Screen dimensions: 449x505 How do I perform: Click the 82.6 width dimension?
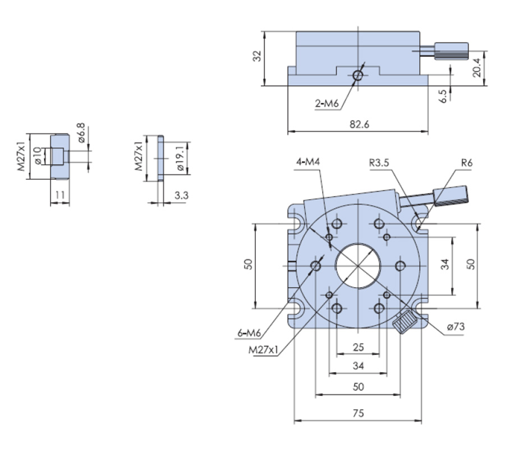coord(359,125)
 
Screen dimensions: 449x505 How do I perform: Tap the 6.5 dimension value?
coord(443,95)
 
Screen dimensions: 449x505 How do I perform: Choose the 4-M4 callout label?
coord(309,163)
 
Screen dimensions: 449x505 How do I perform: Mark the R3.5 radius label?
coord(379,163)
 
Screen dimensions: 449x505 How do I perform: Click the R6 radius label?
coord(467,163)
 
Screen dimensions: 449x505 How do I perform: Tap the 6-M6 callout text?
coord(249,333)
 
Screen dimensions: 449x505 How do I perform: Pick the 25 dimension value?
coord(359,347)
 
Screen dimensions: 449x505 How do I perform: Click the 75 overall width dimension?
coord(359,413)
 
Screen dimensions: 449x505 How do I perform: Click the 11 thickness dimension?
coord(60,195)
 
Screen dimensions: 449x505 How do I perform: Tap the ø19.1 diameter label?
coord(181,158)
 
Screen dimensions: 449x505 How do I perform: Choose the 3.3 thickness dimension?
coord(181,195)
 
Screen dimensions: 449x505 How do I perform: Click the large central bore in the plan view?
coord(358,265)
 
